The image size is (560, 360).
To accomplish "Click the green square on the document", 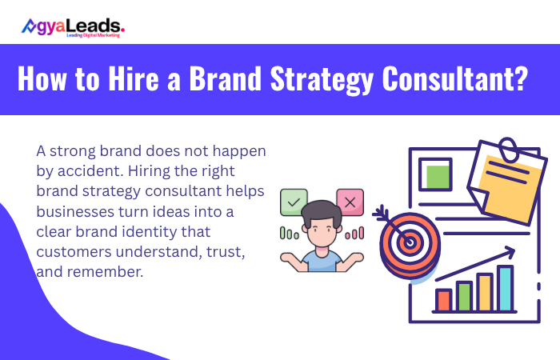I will tap(436, 175).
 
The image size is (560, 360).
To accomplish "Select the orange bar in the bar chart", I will tap(444, 300).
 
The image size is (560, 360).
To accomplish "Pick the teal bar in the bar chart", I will tap(505, 289).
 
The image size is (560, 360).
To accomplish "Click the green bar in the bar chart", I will tap(465, 297).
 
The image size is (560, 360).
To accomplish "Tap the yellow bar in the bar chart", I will tap(485, 293).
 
